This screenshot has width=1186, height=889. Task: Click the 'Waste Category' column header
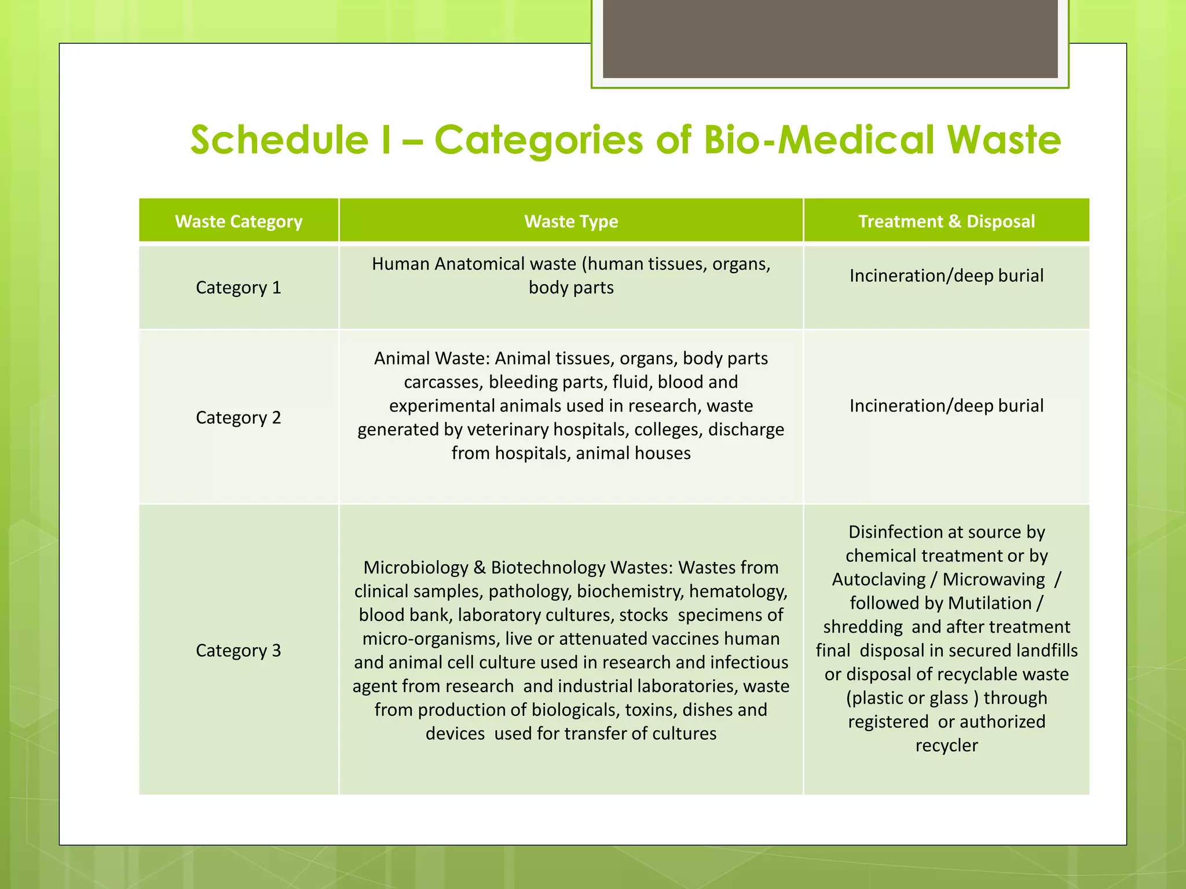tap(239, 221)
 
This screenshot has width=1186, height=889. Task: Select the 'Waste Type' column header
tap(571, 221)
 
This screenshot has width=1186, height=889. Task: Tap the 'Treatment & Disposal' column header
tap(946, 221)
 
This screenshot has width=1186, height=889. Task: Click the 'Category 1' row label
tap(239, 288)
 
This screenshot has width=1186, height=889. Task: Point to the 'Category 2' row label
tap(239, 417)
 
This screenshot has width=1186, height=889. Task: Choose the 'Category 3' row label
tap(239, 651)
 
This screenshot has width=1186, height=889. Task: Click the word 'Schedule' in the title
tap(279, 140)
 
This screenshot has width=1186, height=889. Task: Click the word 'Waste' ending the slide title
tap(1004, 140)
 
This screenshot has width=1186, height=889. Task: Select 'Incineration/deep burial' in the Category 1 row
tap(946, 275)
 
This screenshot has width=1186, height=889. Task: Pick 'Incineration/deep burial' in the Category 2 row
tap(946, 406)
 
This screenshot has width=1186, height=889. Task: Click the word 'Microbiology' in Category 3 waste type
tap(415, 568)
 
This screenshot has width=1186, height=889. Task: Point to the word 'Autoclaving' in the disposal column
tap(878, 579)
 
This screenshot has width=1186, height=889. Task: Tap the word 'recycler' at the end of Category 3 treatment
tap(946, 745)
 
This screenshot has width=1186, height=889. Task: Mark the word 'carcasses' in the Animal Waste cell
tap(442, 382)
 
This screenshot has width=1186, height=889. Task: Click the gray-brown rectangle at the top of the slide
tap(830, 38)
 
